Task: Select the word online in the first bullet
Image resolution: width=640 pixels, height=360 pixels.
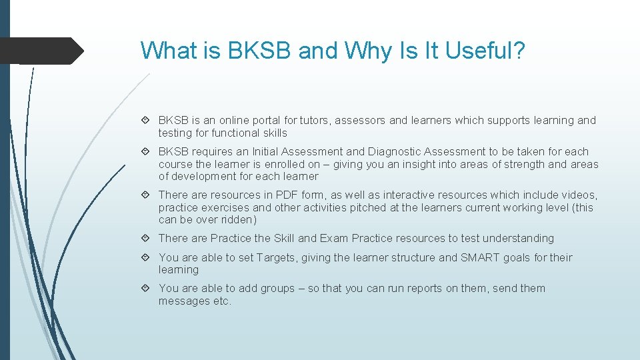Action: tap(235, 121)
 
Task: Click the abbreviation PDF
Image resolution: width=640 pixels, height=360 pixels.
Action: tap(287, 195)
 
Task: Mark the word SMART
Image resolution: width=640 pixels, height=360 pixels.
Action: tap(481, 258)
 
